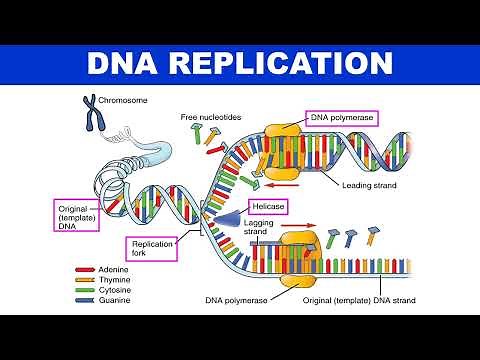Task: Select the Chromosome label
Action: (x=122, y=100)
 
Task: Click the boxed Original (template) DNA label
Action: (x=78, y=215)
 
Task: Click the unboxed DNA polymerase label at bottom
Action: (x=236, y=299)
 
